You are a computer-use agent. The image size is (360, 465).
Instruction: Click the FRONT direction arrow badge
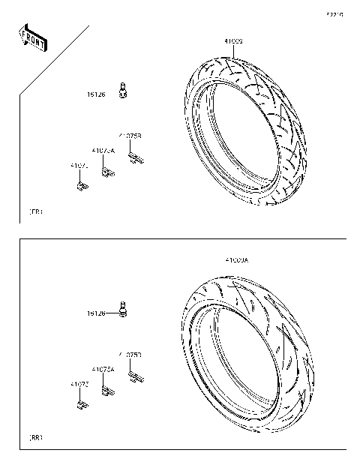point(32,38)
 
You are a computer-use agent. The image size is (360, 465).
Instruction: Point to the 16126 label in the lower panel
point(95,312)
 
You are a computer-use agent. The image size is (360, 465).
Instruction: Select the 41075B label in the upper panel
point(130,136)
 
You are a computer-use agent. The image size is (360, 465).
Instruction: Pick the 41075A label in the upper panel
point(103,151)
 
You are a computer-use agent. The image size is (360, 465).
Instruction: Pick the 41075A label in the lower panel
point(103,369)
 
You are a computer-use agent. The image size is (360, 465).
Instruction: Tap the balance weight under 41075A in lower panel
point(109,390)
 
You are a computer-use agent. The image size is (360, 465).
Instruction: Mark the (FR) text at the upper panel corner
point(35,213)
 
